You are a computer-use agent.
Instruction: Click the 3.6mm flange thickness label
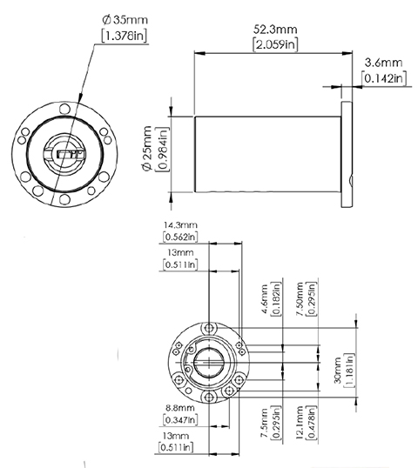[x=383, y=63]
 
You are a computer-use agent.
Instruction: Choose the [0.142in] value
[x=383, y=78]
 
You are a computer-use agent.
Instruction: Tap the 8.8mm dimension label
[x=179, y=407]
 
